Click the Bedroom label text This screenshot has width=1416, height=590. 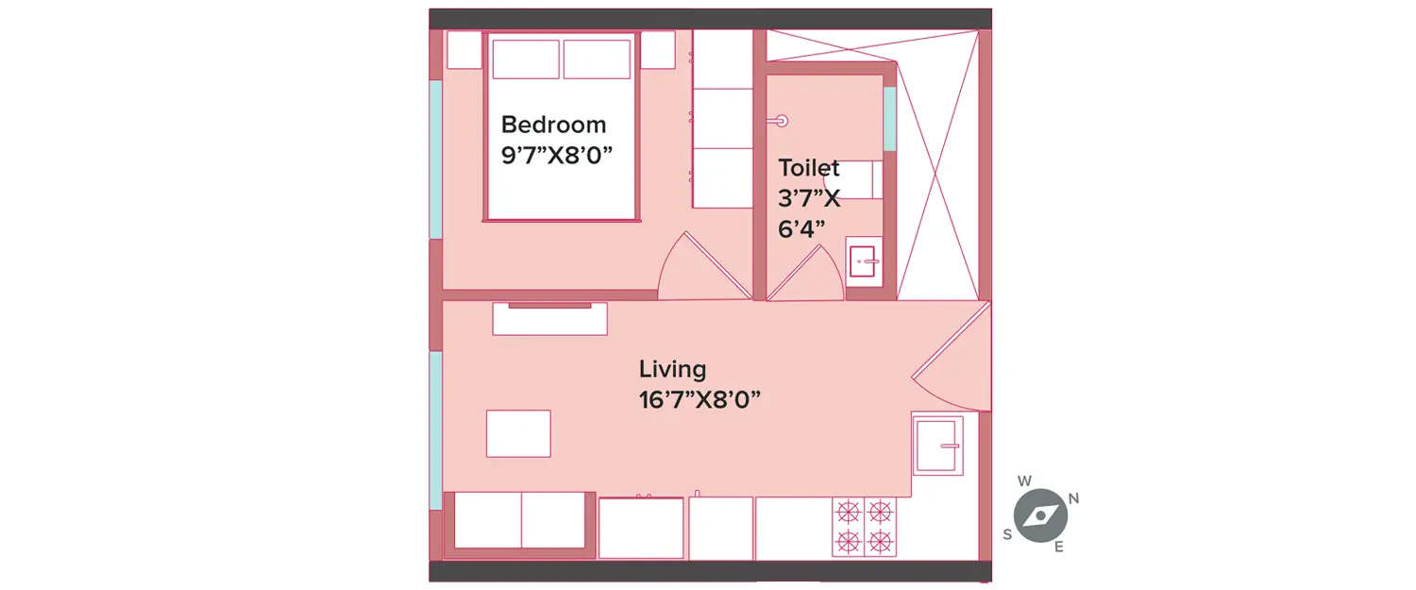(x=553, y=125)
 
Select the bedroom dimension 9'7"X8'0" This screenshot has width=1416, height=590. (x=557, y=155)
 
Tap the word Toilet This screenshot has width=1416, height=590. (x=808, y=168)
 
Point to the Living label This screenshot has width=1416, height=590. (x=672, y=369)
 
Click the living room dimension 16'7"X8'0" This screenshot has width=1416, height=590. (x=700, y=399)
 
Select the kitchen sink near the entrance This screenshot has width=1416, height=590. (x=937, y=445)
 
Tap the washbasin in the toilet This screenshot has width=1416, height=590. (x=864, y=261)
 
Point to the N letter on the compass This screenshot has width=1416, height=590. (x=1073, y=498)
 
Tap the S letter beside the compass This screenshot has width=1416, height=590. (x=1007, y=534)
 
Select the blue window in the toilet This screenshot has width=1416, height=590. (x=889, y=118)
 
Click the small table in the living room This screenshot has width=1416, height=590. (x=518, y=433)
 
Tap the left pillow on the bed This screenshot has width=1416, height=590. (x=526, y=59)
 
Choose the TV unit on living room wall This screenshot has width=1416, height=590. (x=549, y=318)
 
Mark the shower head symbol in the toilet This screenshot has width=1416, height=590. (x=780, y=121)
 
